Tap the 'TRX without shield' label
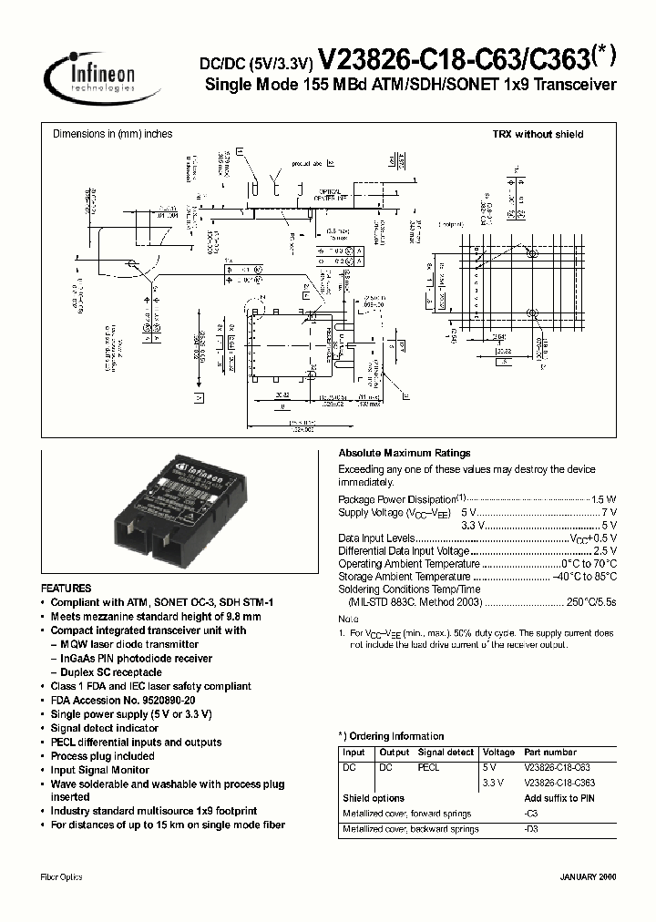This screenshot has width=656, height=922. click(x=538, y=134)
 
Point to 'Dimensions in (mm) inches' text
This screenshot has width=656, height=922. click(x=112, y=134)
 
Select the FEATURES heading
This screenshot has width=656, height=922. click(x=66, y=589)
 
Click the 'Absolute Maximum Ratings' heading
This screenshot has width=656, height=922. click(x=405, y=453)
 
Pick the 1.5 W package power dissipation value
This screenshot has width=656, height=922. click(x=604, y=499)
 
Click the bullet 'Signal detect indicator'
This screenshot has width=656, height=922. click(x=104, y=728)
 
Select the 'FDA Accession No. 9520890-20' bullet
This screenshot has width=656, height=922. click(x=122, y=700)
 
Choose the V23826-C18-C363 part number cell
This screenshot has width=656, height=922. click(x=559, y=783)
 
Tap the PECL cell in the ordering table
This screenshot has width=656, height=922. click(x=428, y=767)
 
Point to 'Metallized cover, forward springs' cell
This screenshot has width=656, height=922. click(x=407, y=813)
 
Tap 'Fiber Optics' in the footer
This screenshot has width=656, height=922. click(x=62, y=877)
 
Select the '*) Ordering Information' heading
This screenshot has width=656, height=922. click(x=391, y=736)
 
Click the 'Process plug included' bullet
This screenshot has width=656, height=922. click(x=102, y=756)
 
